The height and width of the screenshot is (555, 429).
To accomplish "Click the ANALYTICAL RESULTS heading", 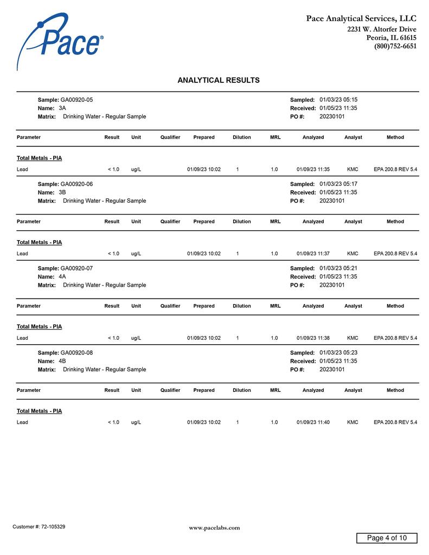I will coord(219,80).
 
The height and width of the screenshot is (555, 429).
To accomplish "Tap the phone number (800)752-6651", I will coord(395,47).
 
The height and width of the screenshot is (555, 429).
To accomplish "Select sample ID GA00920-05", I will coord(76,100).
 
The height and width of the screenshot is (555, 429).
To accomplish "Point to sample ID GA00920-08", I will coord(76,353).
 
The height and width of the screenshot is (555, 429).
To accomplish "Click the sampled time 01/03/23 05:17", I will coord(338,184).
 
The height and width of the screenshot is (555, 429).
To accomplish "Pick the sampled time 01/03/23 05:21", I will coord(338,268).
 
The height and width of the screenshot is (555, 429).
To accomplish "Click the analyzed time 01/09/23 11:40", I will coord(313,422).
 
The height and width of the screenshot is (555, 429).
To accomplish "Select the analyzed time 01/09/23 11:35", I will coord(313,170).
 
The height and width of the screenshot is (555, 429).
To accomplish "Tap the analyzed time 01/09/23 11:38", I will coord(313,338).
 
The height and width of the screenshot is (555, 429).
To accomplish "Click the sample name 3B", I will coord(62,192).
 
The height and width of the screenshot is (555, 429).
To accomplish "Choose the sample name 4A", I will coord(62,276).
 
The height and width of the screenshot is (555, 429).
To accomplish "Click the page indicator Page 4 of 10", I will coord(387,538).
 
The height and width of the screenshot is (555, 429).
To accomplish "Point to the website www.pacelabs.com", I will coord(214,528).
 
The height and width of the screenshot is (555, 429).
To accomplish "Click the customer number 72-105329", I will coord(53,527).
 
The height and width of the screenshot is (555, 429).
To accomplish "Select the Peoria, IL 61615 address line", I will coord(391,38).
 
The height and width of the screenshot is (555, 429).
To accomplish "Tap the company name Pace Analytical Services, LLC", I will coord(361,19).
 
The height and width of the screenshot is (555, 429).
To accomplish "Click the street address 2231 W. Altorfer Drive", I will coord(382,29).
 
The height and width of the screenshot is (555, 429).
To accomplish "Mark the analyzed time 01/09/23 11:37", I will coord(313,254).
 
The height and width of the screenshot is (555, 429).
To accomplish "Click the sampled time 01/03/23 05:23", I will coord(338,353).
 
